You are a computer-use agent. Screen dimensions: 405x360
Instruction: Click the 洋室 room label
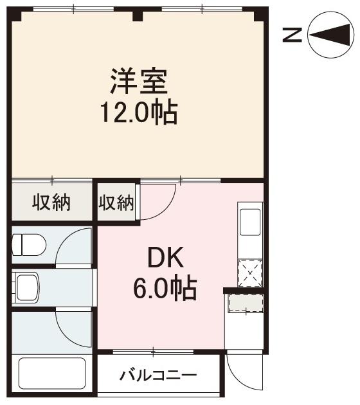[138, 82]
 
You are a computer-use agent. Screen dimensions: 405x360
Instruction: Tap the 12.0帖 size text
[138, 114]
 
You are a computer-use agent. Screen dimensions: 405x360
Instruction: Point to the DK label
[165, 258]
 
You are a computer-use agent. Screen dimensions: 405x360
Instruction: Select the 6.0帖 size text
[165, 289]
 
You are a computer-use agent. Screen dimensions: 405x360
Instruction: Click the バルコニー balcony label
[158, 375]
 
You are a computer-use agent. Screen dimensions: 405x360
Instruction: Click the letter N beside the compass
[293, 35]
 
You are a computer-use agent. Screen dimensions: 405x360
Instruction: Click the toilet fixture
[30, 244]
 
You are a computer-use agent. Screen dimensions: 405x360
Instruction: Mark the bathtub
[51, 377]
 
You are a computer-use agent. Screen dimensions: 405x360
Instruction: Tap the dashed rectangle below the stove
[245, 302]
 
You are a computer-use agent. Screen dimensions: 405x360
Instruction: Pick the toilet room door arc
[76, 248]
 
